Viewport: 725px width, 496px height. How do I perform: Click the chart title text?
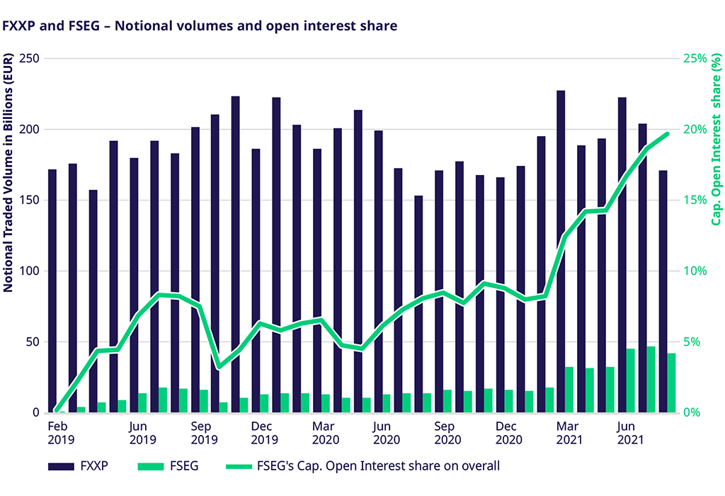coord(200,26)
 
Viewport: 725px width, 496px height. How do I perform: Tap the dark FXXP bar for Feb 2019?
coord(52,291)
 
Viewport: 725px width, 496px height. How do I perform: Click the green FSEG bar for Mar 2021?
coord(569,390)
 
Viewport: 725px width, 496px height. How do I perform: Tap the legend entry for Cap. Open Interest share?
coord(361,466)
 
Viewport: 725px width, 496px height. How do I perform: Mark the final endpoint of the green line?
coord(667,134)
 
